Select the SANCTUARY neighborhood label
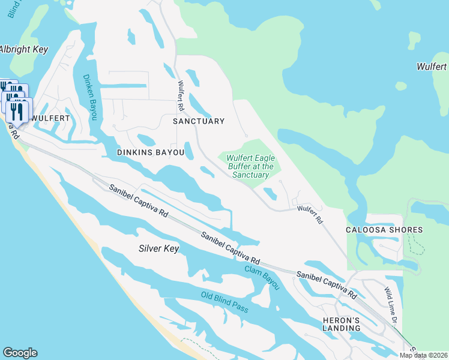198,121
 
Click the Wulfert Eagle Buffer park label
251,166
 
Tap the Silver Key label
158,248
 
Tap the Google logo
20,353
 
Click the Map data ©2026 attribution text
423,355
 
